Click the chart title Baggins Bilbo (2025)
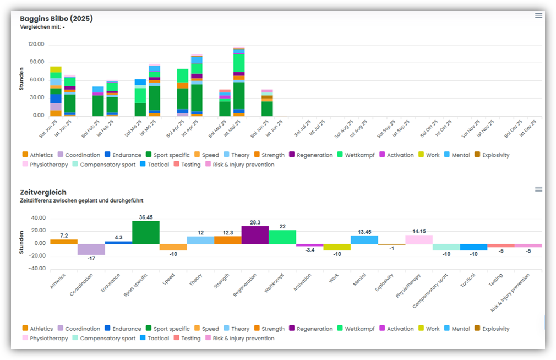pos(56,19)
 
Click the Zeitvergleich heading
pos(42,192)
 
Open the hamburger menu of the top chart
pos(538,15)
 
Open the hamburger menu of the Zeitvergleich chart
pos(538,189)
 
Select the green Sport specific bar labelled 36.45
pos(146,232)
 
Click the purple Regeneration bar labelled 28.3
pos(255,235)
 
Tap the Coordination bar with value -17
pos(91,249)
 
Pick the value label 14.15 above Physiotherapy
pos(419,231)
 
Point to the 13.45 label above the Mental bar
pos(364,232)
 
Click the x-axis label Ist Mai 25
pos(235,129)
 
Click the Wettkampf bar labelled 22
pos(282,237)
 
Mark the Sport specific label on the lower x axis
pos(136,285)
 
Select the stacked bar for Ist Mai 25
pos(239,83)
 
